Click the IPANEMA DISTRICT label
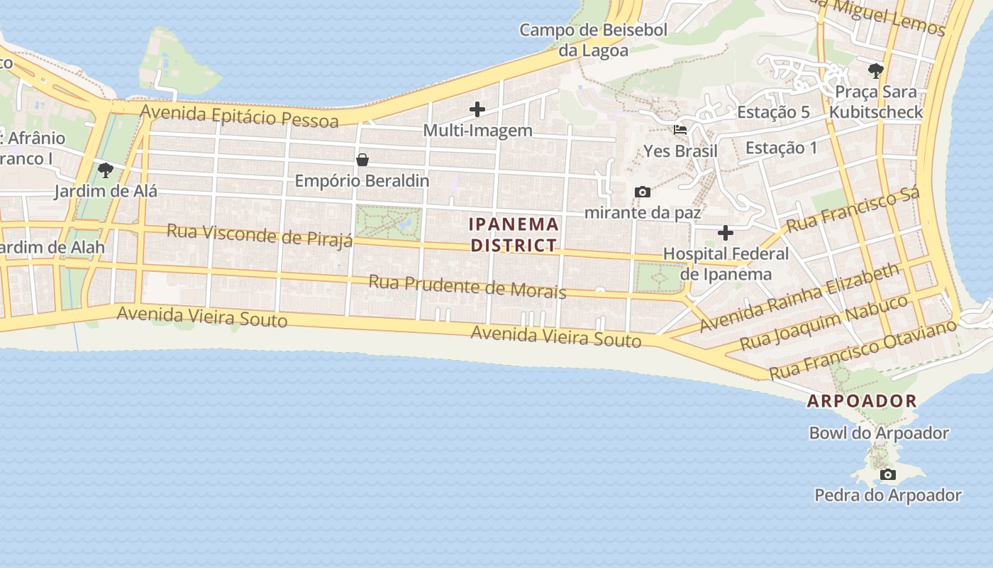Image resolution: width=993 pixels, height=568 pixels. (514, 235)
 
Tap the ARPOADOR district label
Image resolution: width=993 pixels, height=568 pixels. (862, 400)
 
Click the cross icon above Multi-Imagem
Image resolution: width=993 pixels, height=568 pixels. (477, 109)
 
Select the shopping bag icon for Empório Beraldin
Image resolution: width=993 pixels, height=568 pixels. (362, 160)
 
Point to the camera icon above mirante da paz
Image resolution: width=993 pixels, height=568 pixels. (643, 192)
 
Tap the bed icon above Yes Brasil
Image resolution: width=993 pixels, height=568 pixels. (680, 130)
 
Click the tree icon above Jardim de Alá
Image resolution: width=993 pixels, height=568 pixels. (106, 170)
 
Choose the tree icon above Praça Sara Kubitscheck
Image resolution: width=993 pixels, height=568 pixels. (876, 71)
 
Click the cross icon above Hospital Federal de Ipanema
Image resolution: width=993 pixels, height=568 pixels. (726, 233)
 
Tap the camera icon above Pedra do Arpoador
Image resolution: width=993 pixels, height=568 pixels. (887, 474)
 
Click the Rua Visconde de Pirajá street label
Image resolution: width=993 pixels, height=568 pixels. (260, 235)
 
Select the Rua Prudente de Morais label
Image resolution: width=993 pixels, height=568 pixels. (467, 286)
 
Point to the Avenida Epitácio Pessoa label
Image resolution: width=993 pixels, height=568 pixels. (239, 116)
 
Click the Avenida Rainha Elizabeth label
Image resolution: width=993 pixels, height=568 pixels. (799, 298)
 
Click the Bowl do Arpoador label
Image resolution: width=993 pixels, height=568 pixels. (879, 432)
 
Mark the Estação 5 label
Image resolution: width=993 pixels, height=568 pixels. (773, 112)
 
